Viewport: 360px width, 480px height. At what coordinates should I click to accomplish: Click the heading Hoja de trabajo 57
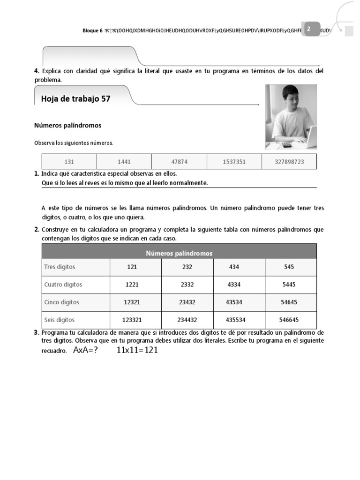click(x=76, y=99)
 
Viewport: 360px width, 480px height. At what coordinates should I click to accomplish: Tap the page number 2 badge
click(x=308, y=29)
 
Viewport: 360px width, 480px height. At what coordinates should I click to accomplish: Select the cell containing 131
click(x=69, y=162)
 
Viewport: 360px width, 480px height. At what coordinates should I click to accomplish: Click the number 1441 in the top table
click(x=124, y=162)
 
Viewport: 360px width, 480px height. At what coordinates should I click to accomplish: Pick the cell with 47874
click(x=179, y=162)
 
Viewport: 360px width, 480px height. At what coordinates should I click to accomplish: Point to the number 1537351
click(x=234, y=162)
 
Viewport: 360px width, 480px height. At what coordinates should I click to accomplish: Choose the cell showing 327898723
click(x=289, y=162)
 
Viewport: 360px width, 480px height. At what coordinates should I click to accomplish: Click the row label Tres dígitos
click(x=60, y=267)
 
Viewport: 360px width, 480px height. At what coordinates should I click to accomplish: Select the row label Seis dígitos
click(x=59, y=320)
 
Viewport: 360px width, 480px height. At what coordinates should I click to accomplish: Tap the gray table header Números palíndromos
click(x=179, y=253)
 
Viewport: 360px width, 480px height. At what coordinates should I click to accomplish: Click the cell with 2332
click(x=187, y=285)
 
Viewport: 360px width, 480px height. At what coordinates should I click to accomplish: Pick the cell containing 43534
click(x=234, y=302)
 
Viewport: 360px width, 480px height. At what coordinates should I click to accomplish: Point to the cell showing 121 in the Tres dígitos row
click(x=132, y=267)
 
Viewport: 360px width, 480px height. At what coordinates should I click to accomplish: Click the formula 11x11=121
click(x=137, y=350)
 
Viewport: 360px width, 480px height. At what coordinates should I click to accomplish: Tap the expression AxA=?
click(x=85, y=350)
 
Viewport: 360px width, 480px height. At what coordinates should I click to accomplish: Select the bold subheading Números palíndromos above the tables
click(x=68, y=126)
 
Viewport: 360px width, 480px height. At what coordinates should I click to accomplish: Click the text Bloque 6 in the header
click(x=92, y=30)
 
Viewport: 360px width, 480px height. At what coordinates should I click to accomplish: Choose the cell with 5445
click(x=289, y=285)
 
